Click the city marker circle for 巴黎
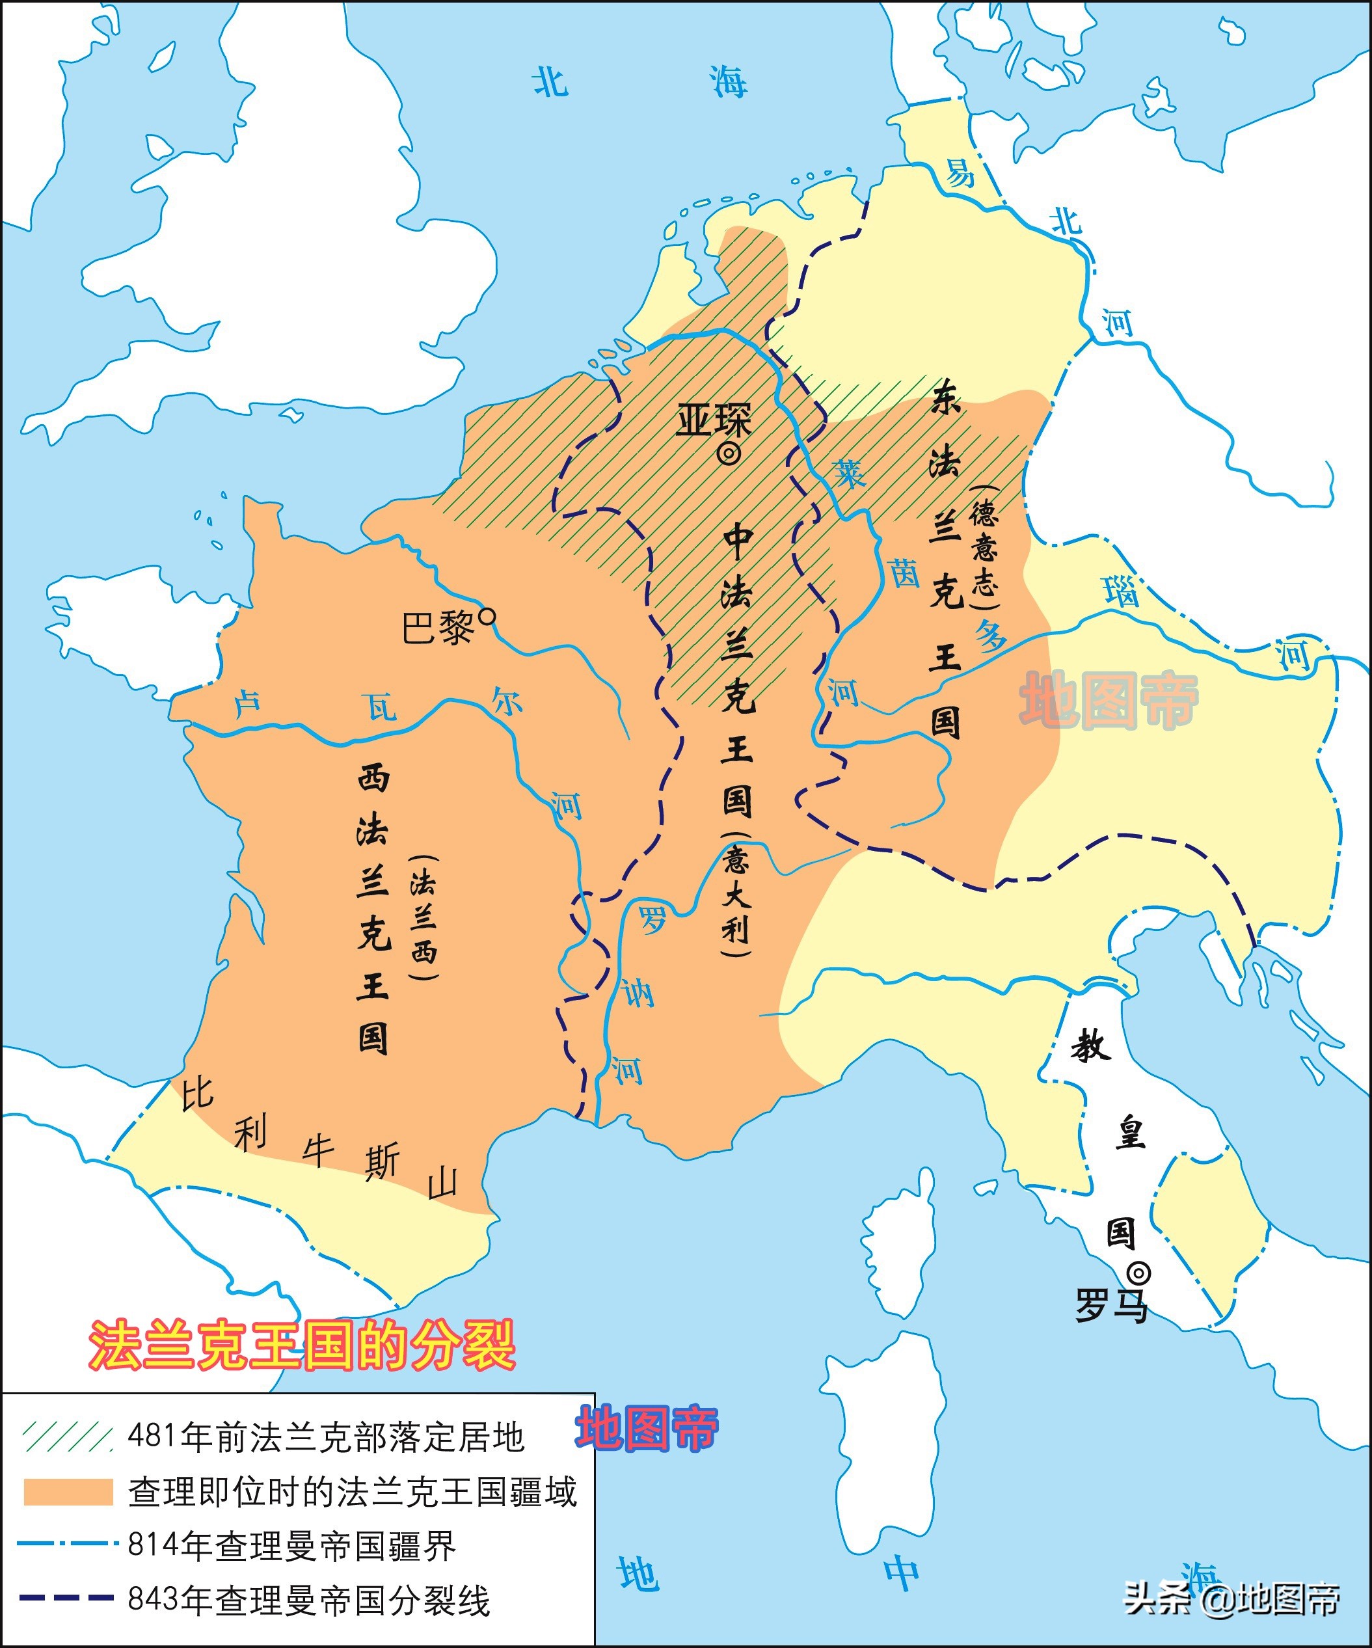point(487,617)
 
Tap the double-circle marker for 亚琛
point(729,453)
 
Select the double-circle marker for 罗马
point(1139,1273)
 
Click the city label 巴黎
point(438,628)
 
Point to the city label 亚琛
point(714,421)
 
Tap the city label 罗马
point(1110,1306)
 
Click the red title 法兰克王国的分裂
point(303,1344)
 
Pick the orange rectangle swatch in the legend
point(68,1492)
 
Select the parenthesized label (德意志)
point(984,547)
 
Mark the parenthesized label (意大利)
point(736,894)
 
